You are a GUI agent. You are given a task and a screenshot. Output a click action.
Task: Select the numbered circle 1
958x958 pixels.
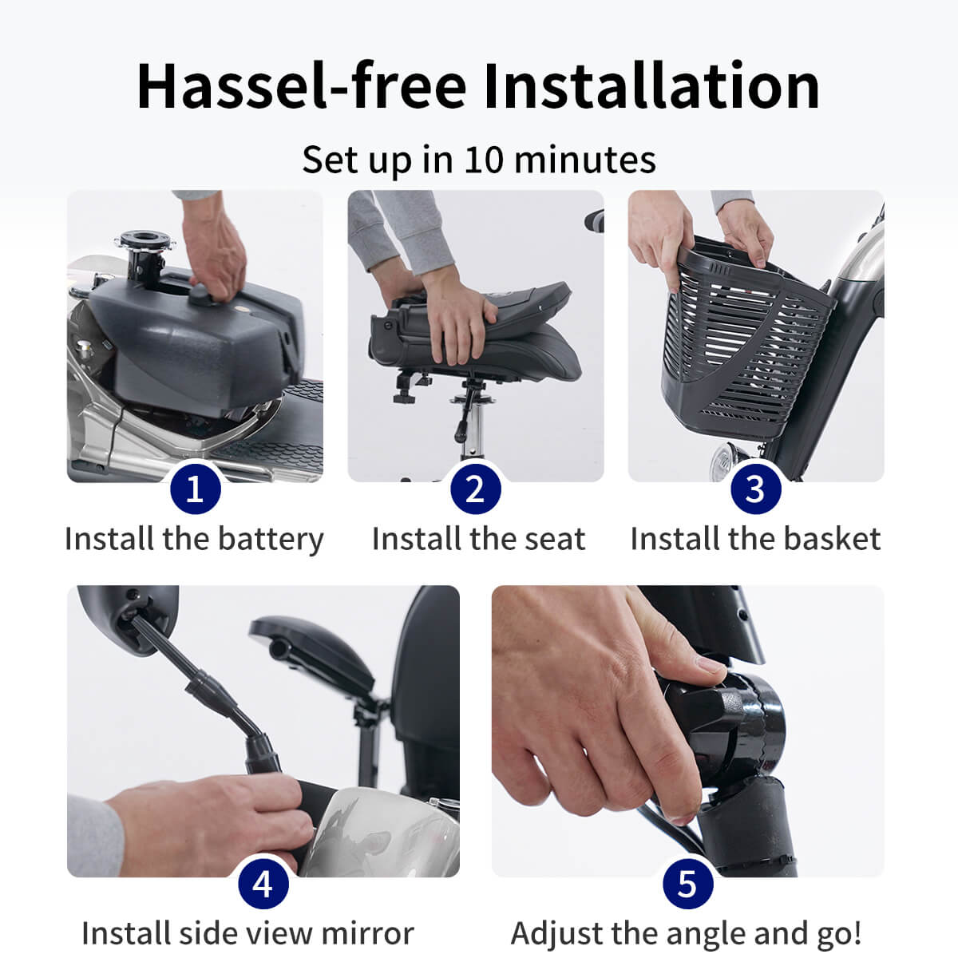point(196,489)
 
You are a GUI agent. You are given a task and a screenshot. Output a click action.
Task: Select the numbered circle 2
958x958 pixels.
point(476,489)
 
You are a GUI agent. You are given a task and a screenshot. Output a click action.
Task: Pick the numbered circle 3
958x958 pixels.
point(756,489)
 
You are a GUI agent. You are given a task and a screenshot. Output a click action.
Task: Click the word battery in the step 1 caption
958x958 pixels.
point(271,540)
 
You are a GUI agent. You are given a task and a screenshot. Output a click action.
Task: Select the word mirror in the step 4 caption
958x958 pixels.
point(367,933)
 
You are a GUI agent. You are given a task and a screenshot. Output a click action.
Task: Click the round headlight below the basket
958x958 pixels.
point(726,461)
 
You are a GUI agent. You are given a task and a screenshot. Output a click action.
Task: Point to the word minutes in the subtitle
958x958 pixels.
point(585,160)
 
